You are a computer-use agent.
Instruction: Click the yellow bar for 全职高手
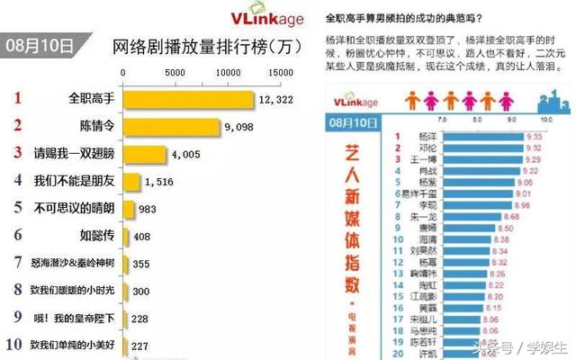[x=187, y=98]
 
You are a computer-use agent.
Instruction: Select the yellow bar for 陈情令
[x=169, y=126]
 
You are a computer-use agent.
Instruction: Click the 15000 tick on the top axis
[x=281, y=70]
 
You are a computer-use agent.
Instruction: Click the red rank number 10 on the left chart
[x=14, y=344]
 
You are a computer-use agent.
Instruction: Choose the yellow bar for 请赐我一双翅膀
[x=143, y=154]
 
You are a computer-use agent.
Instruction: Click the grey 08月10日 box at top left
[x=41, y=47]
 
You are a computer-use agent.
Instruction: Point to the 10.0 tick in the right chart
[x=545, y=118]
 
